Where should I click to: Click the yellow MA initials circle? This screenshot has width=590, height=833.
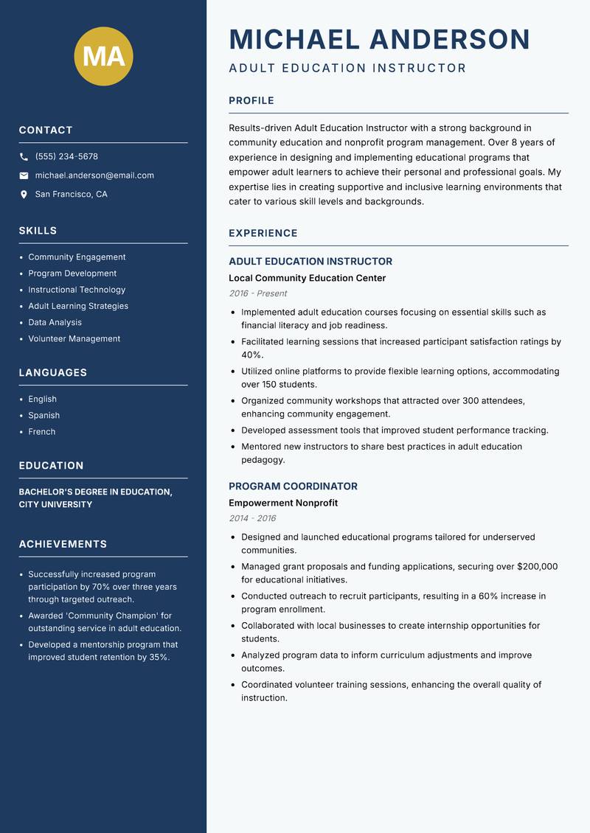click(x=104, y=56)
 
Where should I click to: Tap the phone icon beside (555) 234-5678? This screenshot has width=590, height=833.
click(x=24, y=157)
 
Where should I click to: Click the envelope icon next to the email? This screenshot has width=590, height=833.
click(x=24, y=175)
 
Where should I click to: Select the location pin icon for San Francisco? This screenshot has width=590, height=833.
click(x=24, y=195)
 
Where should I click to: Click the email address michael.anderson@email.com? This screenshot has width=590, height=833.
click(x=94, y=175)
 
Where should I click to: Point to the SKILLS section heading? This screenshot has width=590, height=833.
click(x=38, y=231)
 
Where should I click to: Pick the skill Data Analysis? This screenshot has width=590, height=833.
click(x=55, y=322)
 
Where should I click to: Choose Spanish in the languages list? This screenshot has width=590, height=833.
click(x=44, y=415)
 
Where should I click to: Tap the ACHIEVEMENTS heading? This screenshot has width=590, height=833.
click(x=63, y=544)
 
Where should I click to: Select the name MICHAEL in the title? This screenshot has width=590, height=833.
click(x=294, y=39)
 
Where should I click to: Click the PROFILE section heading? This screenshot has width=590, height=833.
click(x=251, y=101)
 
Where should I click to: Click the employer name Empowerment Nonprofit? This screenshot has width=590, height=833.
click(x=283, y=503)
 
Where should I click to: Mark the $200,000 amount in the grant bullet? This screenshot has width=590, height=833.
click(x=538, y=567)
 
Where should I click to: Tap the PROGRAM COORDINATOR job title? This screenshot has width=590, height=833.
click(x=293, y=487)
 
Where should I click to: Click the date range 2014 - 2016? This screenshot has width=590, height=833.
click(x=252, y=518)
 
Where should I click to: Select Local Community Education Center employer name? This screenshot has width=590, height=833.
click(x=307, y=278)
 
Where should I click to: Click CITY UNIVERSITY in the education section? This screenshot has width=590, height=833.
click(x=55, y=505)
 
